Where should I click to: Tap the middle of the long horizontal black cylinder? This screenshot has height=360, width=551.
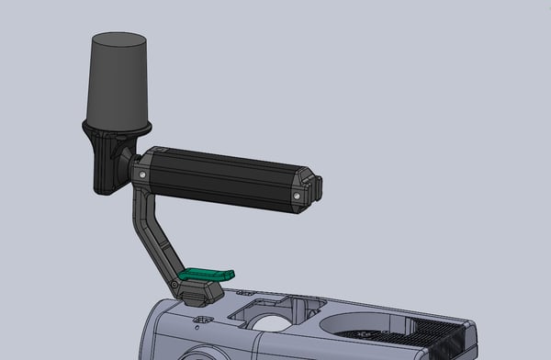point(225,176)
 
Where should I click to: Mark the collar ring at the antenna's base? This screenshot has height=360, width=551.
point(118,126)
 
